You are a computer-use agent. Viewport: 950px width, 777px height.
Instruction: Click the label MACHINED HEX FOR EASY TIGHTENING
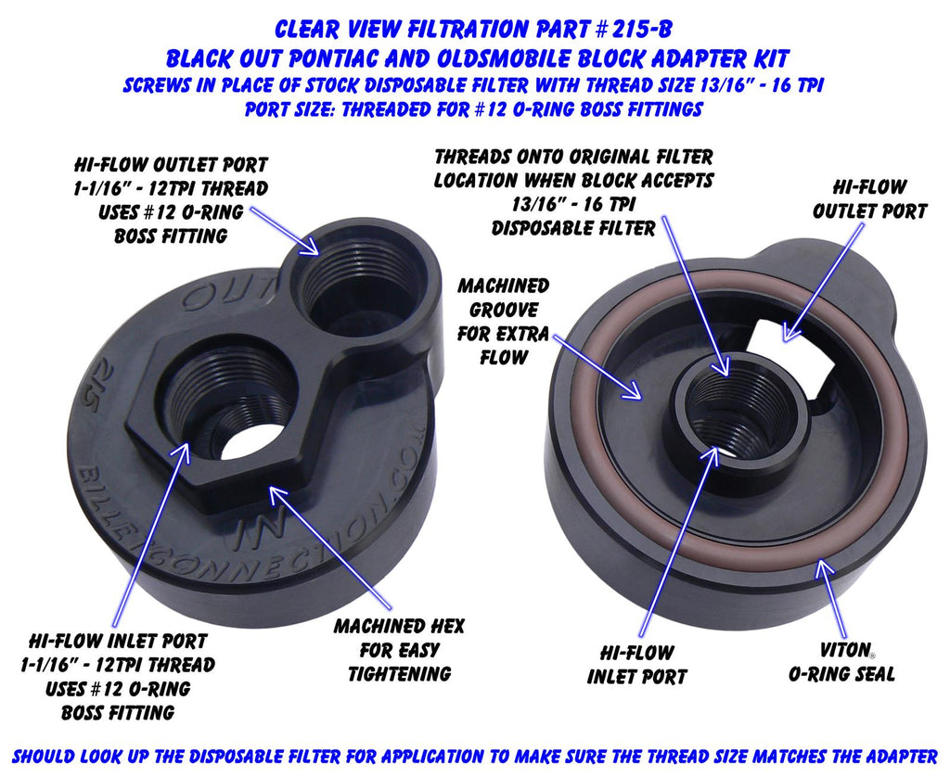tap(399, 650)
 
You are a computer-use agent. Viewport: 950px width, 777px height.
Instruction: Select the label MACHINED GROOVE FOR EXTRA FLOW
tap(503, 321)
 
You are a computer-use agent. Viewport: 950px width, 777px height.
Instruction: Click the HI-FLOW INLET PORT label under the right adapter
tap(636, 665)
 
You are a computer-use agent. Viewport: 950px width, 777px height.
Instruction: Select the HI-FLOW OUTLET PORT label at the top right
tap(869, 198)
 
